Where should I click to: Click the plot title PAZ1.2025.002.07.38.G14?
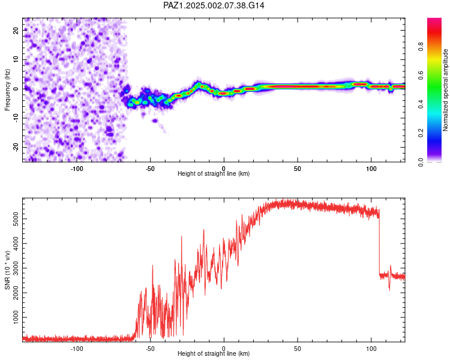214,5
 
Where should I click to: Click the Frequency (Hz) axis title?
7,90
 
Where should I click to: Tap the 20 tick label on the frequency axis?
15,31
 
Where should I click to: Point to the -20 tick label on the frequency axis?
15,148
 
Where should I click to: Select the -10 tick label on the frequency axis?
15,118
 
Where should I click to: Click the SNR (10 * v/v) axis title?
7,270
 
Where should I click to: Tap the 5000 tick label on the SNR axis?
15,219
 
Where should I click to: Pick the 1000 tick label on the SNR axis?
15,317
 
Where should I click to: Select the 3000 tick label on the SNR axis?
15,268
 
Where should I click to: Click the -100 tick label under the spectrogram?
76,169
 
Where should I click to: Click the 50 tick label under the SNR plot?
298,349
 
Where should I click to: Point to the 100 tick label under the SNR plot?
371,349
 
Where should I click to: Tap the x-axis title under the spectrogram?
214,173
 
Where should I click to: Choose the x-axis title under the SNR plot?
214,353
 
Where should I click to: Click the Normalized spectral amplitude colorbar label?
445,90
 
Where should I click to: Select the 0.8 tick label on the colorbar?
421,46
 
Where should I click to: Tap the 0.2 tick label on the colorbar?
421,133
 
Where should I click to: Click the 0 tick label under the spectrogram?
224,169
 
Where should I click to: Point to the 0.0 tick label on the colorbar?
421,162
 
